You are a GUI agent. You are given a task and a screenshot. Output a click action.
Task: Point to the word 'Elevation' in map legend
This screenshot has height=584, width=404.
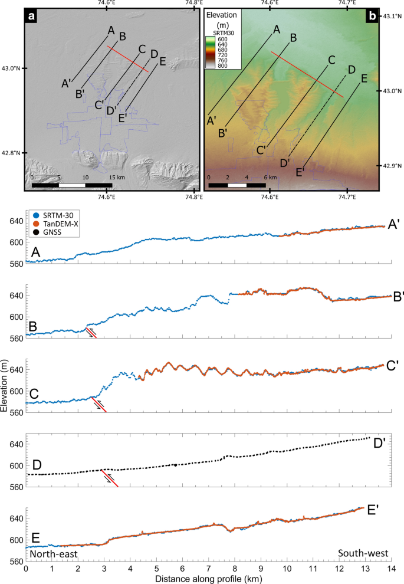click(224, 17)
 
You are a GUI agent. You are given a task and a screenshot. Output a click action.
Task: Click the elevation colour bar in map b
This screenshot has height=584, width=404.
click(211, 52)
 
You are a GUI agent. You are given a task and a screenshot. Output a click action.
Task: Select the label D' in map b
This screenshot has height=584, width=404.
click(285, 162)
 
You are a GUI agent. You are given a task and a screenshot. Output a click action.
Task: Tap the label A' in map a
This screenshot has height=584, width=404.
click(67, 83)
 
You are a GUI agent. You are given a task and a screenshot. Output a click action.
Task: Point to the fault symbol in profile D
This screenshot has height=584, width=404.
click(110, 478)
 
